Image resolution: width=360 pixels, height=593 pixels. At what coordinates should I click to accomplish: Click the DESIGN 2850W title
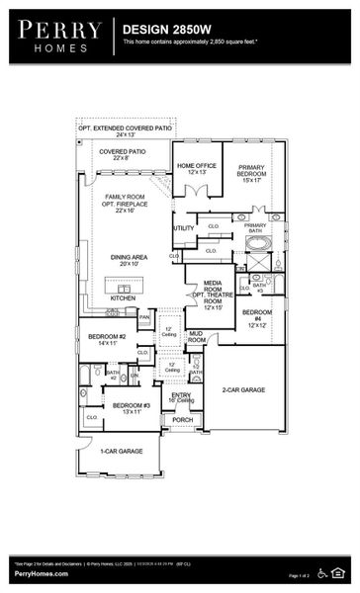coord(164,31)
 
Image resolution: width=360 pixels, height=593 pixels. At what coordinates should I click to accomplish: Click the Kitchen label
coord(123,296)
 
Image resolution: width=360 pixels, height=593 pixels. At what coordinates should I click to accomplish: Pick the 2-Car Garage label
coord(243,391)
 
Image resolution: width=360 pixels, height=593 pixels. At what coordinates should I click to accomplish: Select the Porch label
coord(183,419)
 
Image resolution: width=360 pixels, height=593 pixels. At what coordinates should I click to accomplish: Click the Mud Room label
coord(197,337)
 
